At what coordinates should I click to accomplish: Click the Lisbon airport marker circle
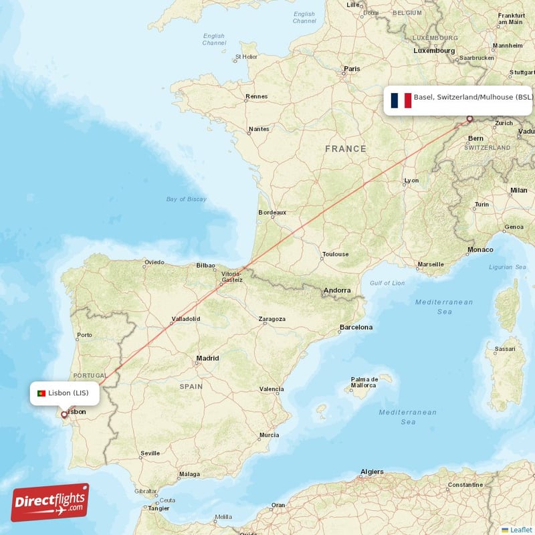[64, 414]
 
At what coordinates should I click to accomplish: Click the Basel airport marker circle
[469, 119]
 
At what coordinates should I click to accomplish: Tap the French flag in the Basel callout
[401, 100]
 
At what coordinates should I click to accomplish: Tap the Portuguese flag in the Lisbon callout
[41, 393]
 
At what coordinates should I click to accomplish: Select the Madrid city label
[207, 358]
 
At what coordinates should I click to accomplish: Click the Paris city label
[352, 69]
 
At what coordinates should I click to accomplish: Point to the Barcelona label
[356, 327]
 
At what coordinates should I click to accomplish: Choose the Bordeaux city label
[272, 213]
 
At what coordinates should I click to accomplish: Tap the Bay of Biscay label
[186, 199]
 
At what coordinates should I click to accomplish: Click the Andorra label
[336, 290]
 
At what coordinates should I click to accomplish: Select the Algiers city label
[372, 471]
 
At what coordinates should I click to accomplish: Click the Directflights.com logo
[50, 502]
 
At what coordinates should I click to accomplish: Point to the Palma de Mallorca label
[365, 383]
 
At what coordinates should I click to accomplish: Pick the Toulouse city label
[335, 254]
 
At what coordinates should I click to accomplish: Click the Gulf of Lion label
[387, 283]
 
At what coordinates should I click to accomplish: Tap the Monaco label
[480, 249]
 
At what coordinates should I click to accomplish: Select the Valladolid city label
[186, 320]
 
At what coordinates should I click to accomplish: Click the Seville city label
[150, 453]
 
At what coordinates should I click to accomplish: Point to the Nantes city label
[259, 129]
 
